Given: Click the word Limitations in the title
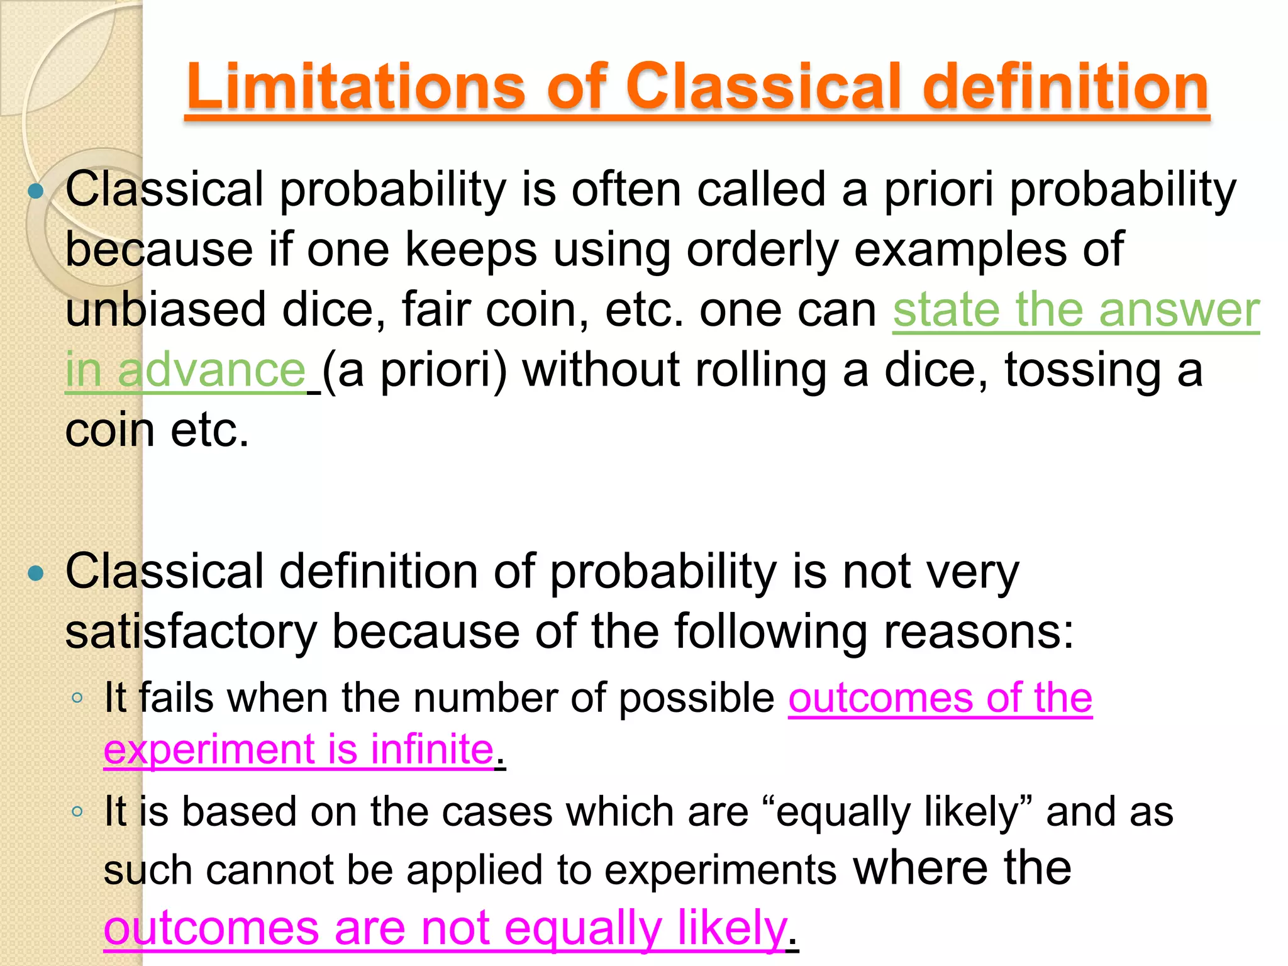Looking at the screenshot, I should (356, 87).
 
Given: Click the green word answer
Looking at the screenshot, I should (1179, 309).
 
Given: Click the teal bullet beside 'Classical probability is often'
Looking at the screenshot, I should (36, 191).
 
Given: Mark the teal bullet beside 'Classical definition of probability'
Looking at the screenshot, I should (36, 572).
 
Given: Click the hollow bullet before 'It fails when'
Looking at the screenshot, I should (77, 697).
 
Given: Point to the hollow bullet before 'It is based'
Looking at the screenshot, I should (77, 811).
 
